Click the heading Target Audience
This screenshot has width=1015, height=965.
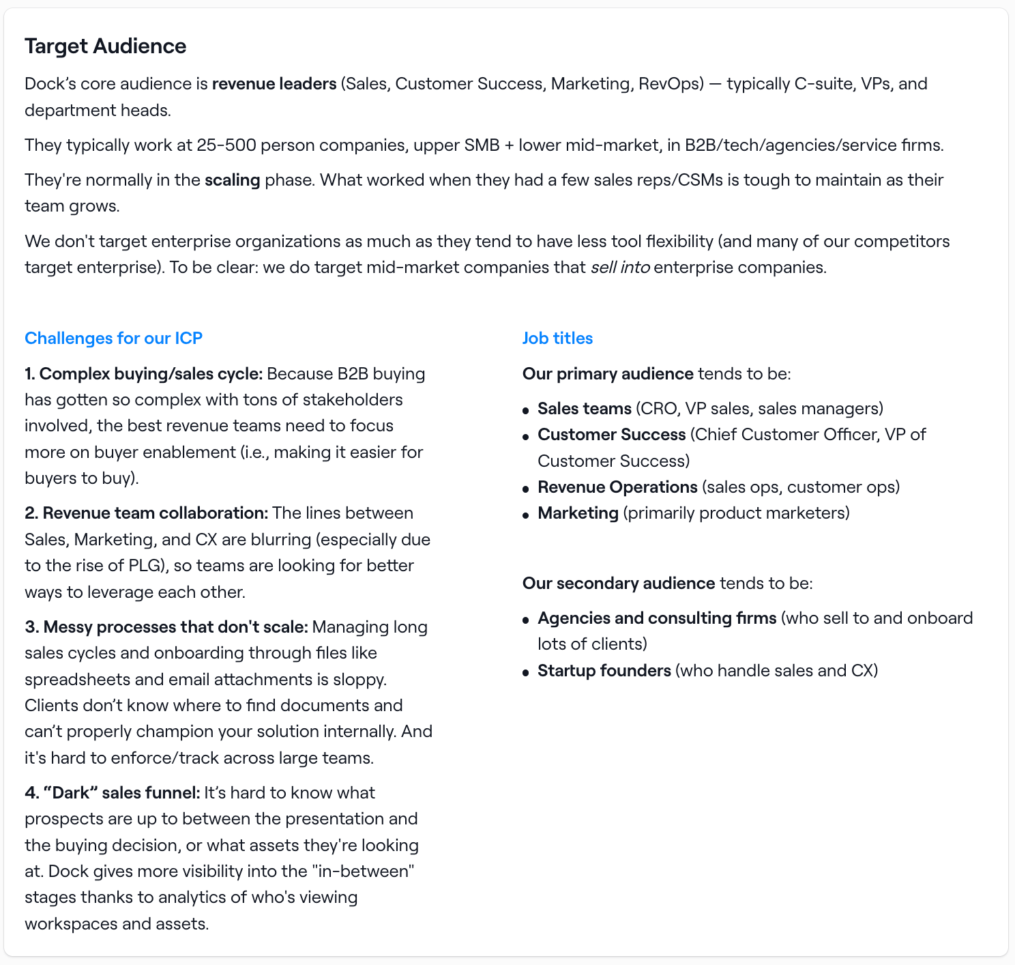click(105, 46)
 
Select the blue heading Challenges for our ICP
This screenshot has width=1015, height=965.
click(113, 338)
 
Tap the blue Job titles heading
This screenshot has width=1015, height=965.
click(557, 338)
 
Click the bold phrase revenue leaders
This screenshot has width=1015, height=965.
click(274, 83)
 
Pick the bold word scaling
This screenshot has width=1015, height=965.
click(232, 179)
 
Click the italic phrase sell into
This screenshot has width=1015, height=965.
click(619, 267)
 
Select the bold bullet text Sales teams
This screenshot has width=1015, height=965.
click(584, 408)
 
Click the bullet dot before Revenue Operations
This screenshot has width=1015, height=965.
click(525, 489)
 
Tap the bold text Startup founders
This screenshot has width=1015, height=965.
click(604, 670)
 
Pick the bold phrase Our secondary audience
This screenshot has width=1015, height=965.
click(618, 583)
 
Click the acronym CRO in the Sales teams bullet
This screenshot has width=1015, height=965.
click(658, 408)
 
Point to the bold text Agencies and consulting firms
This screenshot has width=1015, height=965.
click(656, 618)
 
